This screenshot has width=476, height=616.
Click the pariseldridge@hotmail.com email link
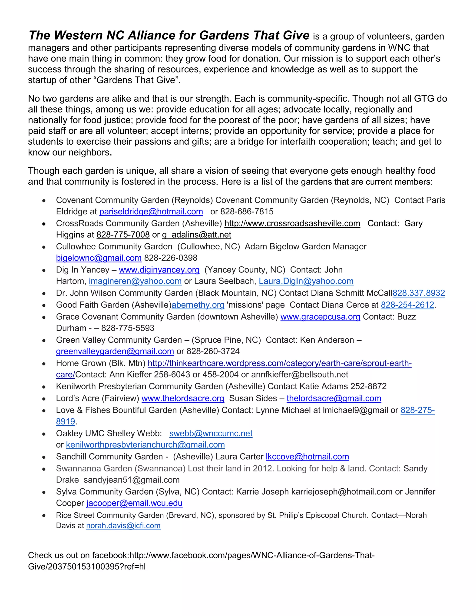pos(151,212)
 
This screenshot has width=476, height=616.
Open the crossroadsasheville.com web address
pos(292,223)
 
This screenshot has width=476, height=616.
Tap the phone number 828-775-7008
pos(123,235)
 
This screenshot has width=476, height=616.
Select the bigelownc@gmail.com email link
pos(99,258)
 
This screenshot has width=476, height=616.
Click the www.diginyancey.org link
pos(159,270)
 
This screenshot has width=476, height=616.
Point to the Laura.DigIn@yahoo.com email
pos(306,281)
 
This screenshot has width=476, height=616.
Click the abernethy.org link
pos(198,305)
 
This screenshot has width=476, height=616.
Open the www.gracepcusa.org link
pos(320,317)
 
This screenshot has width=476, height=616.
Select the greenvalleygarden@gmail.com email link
pos(115,351)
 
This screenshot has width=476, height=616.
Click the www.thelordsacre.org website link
pos(183,398)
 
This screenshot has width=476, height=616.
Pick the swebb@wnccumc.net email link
pos(211,433)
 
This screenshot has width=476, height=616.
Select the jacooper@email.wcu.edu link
pos(134,503)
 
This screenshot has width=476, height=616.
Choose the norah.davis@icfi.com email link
pos(123,526)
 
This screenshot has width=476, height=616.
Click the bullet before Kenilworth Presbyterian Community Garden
pos(44,387)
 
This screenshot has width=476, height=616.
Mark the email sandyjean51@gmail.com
pos(131,480)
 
